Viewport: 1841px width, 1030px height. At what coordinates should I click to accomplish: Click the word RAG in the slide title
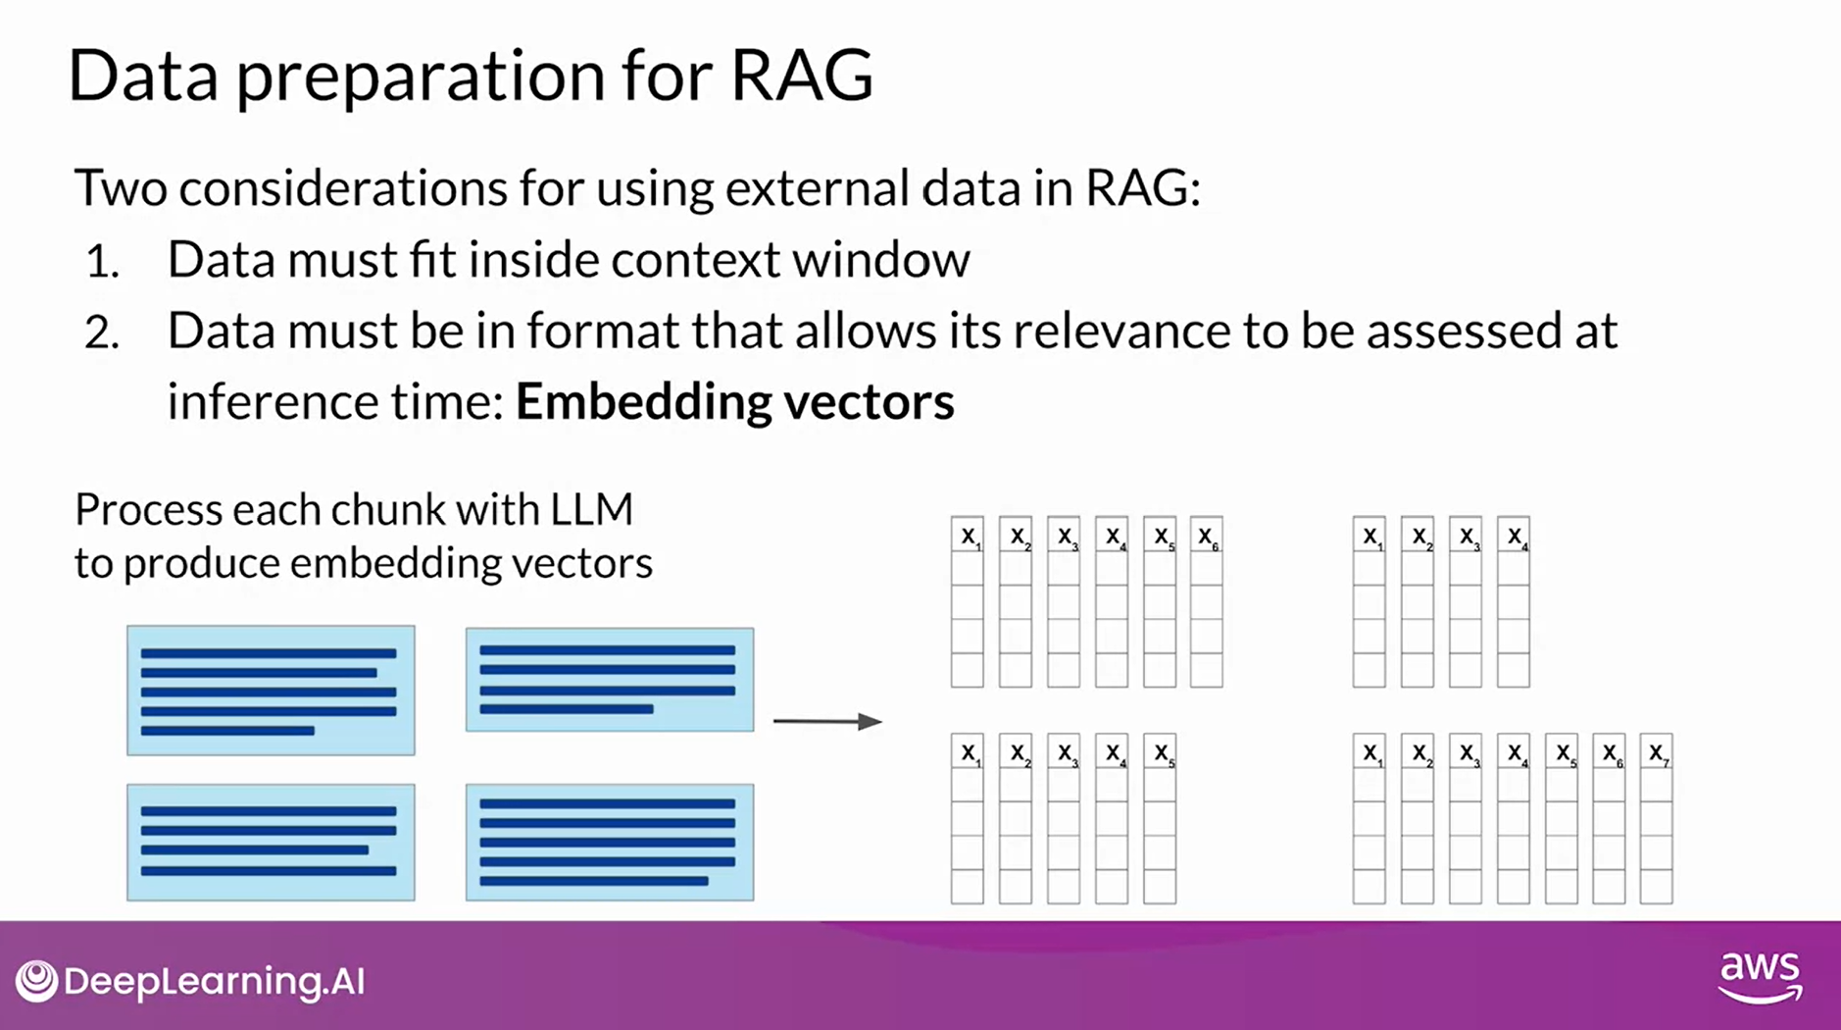tap(801, 76)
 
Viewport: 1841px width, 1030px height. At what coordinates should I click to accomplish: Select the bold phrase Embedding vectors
tap(734, 401)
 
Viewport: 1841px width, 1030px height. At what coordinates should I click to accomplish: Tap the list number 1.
tap(102, 262)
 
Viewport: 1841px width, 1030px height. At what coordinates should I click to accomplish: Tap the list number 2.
tap(102, 334)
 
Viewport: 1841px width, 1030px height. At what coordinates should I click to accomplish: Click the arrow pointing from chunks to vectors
tap(827, 721)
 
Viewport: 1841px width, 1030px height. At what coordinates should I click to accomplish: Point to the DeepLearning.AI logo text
tap(214, 981)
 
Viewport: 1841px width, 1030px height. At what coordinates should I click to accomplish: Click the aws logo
tap(1761, 975)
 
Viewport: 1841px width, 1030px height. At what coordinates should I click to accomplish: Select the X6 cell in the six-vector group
tap(1207, 536)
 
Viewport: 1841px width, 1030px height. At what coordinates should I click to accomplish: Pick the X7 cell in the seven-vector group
tap(1657, 752)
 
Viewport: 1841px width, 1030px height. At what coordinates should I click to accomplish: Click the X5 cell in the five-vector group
tap(1160, 752)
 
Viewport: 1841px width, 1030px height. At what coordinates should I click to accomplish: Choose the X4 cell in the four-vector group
tap(1514, 536)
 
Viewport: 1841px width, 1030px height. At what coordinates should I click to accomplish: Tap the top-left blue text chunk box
tap(271, 691)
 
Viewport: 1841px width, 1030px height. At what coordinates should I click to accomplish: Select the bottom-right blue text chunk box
tap(610, 842)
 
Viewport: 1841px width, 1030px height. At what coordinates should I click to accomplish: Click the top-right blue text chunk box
tap(610, 680)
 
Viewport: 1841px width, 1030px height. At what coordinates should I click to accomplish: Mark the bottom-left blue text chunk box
tap(271, 842)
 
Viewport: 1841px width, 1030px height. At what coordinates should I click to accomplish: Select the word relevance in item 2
tap(1122, 332)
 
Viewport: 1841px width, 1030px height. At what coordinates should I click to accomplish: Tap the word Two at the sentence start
tap(120, 188)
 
